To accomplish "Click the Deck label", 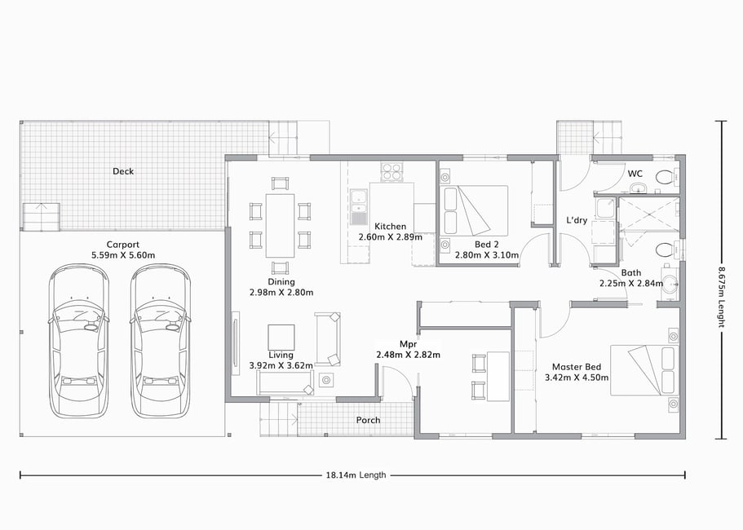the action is pyautogui.click(x=123, y=171).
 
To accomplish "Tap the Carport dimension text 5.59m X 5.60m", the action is pyautogui.click(x=123, y=255).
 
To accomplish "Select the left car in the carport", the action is pyautogui.click(x=78, y=341).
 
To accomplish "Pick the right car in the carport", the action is pyautogui.click(x=161, y=341).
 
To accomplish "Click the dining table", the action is pyautogui.click(x=280, y=225).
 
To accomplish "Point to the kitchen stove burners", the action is pyautogui.click(x=391, y=171).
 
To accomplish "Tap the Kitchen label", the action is pyautogui.click(x=390, y=227).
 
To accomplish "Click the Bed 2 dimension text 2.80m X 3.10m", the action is pyautogui.click(x=487, y=255).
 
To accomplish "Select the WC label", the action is pyautogui.click(x=635, y=174).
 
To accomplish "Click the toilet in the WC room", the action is pyautogui.click(x=666, y=178).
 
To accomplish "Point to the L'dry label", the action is pyautogui.click(x=577, y=220).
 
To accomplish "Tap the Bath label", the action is pyautogui.click(x=630, y=273).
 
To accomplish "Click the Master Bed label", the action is pyautogui.click(x=577, y=367).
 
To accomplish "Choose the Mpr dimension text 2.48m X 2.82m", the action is pyautogui.click(x=408, y=355).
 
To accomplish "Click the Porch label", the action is pyautogui.click(x=368, y=420).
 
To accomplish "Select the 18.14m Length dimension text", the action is pyautogui.click(x=356, y=475).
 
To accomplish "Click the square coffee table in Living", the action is pyautogui.click(x=281, y=338).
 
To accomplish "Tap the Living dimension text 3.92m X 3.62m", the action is pyautogui.click(x=281, y=365).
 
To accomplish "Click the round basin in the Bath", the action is pyautogui.click(x=670, y=285).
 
